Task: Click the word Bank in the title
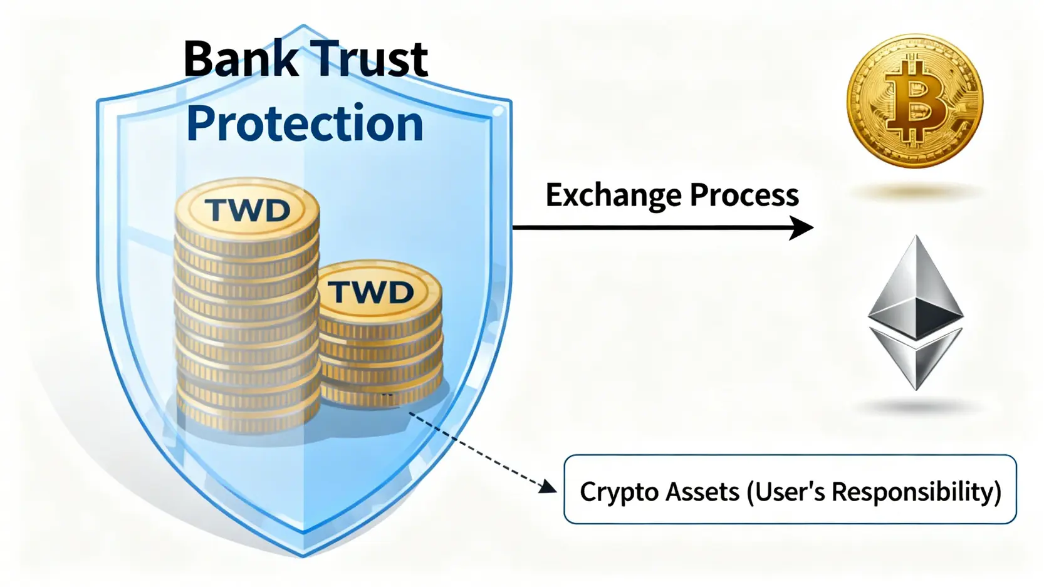tap(241, 59)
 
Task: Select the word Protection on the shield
tap(305, 123)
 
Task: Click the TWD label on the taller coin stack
tap(248, 210)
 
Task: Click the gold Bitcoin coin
tap(914, 101)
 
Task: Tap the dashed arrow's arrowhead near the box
tap(549, 486)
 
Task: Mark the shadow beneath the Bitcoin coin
tap(916, 192)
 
